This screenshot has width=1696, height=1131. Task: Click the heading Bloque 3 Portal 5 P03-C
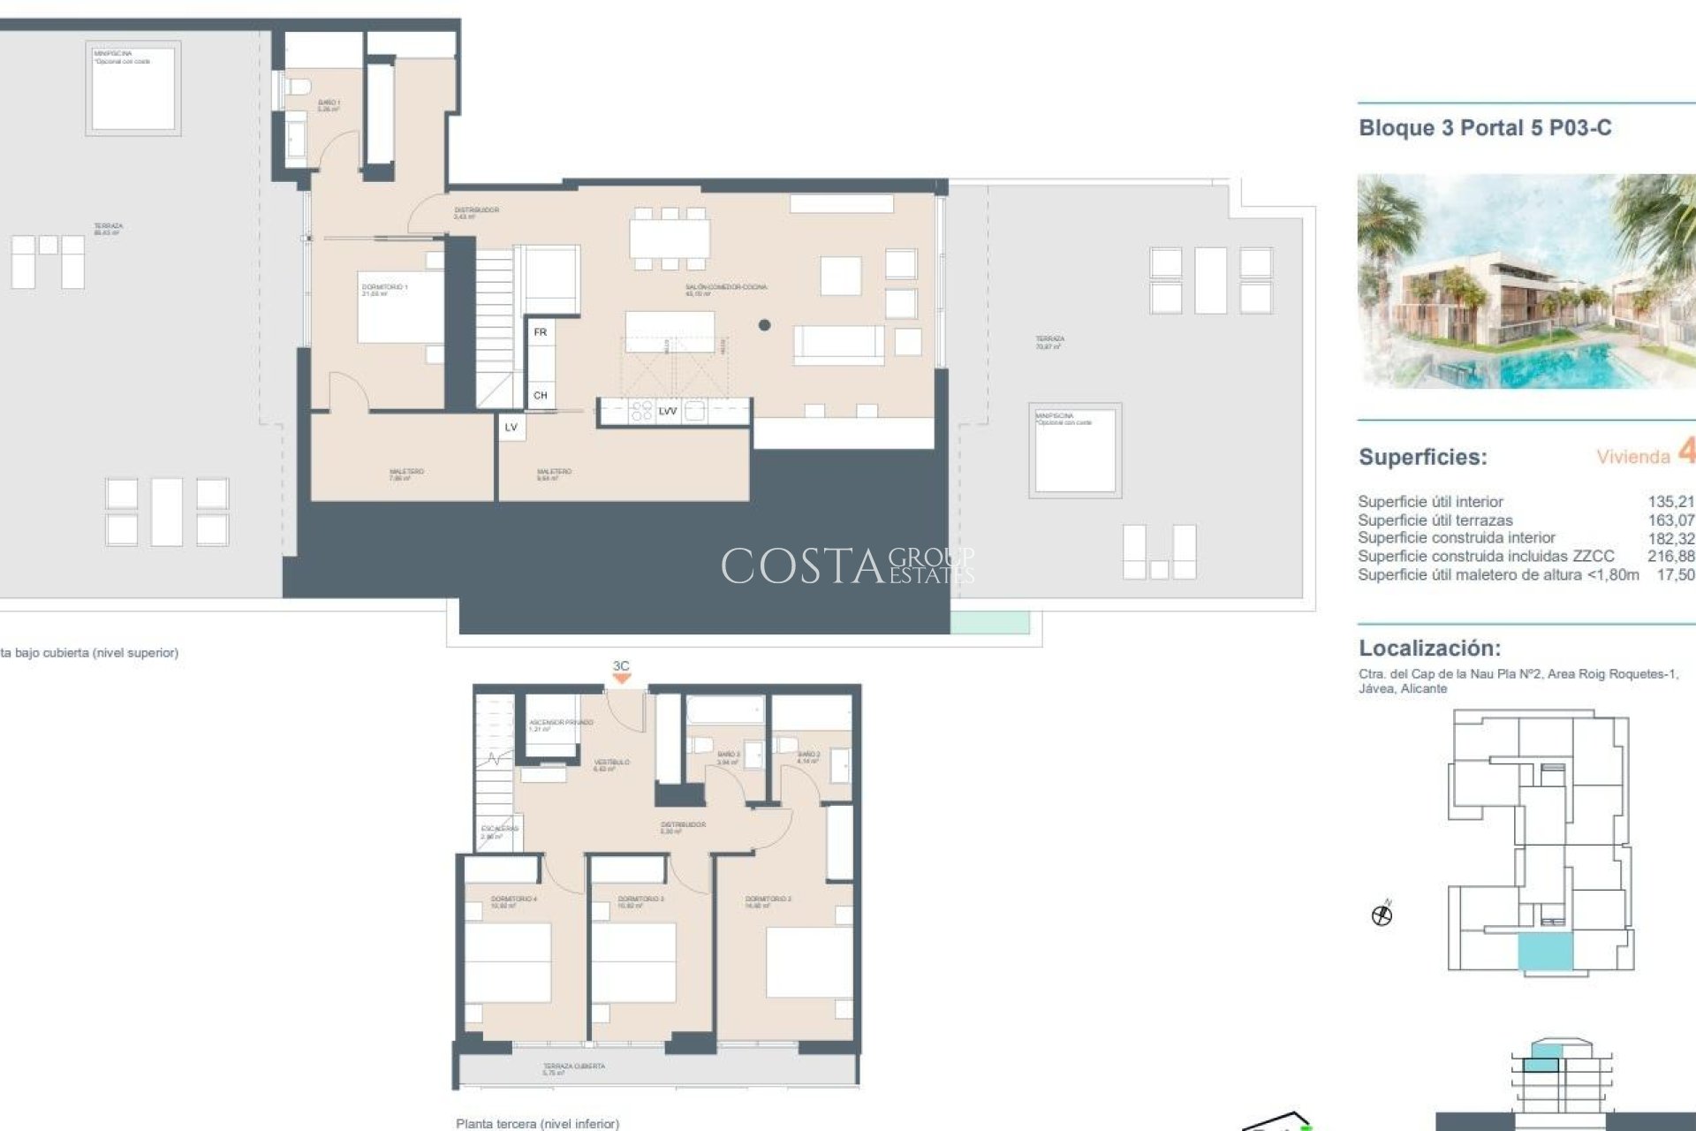click(x=1485, y=128)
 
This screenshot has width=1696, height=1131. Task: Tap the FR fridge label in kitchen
click(x=541, y=332)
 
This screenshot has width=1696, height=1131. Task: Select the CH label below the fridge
click(x=541, y=395)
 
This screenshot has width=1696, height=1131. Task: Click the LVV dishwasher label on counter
click(x=668, y=411)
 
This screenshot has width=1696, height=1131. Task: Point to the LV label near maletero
click(x=511, y=427)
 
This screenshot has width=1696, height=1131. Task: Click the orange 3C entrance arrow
click(x=622, y=678)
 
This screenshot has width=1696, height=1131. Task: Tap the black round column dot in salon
click(x=764, y=325)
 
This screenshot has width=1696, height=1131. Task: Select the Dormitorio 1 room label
click(x=384, y=288)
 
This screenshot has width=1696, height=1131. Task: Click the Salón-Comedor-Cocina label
click(x=725, y=288)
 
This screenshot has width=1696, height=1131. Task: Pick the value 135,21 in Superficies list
click(x=1670, y=502)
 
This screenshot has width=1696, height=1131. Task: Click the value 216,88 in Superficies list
click(x=1670, y=556)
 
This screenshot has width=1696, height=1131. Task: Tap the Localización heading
click(x=1429, y=648)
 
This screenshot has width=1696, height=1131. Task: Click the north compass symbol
click(x=1382, y=915)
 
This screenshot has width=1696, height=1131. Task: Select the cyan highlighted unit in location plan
click(x=1545, y=953)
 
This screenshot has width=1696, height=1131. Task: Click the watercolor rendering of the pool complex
click(x=1526, y=282)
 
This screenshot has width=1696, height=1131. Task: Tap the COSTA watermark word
click(x=802, y=566)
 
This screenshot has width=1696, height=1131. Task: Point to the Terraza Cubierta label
click(x=573, y=1067)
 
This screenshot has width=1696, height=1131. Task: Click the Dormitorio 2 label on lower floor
click(x=768, y=900)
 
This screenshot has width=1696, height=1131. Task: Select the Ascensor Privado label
click(x=560, y=724)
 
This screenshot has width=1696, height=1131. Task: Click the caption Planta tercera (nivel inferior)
click(x=537, y=1124)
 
